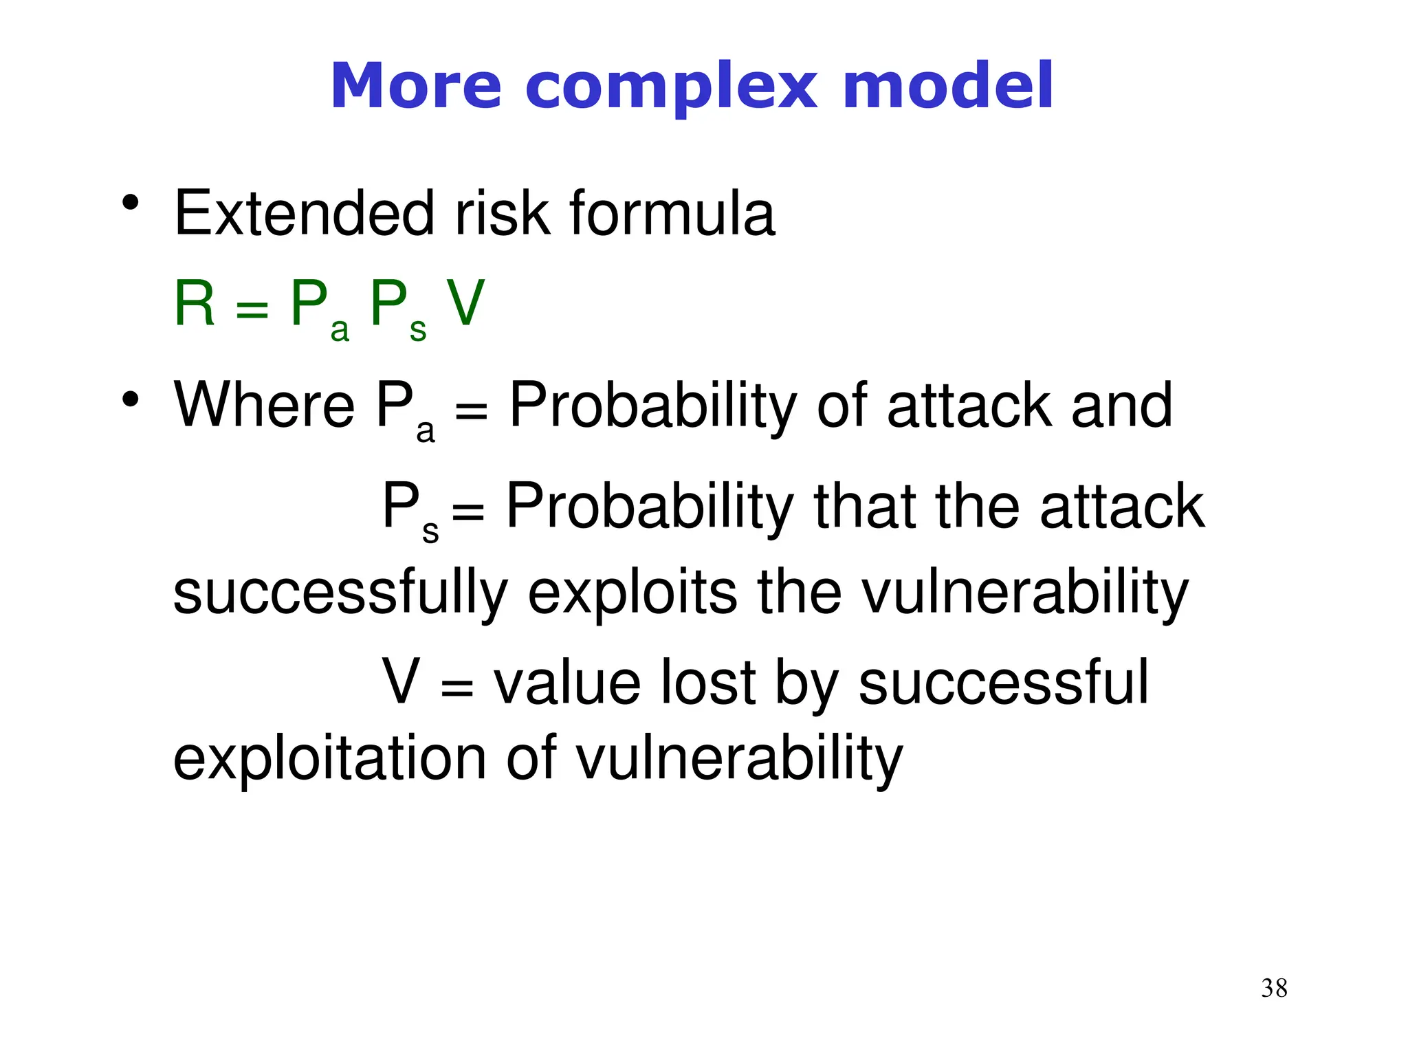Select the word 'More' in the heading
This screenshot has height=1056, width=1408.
[416, 86]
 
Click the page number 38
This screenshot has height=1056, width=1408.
[1274, 988]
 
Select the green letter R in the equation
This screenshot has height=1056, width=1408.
[195, 303]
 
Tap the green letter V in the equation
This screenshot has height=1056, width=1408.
[465, 303]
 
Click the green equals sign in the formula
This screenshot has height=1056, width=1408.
[252, 308]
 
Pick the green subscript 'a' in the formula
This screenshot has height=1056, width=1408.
[340, 330]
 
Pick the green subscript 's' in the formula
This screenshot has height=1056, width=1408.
[418, 330]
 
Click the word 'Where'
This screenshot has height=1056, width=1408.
[264, 406]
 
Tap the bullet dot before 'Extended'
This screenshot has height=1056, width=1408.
[130, 203]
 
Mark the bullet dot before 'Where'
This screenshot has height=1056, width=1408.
[130, 399]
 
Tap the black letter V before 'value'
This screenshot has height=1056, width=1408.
[401, 682]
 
